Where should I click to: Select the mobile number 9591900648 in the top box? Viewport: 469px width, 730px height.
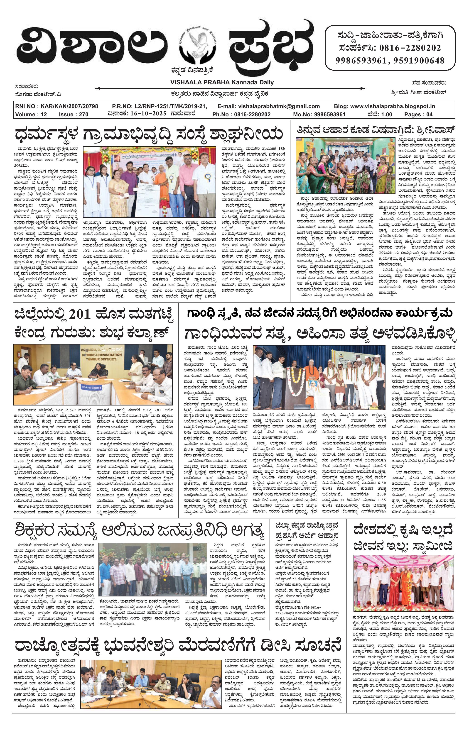(419, 60)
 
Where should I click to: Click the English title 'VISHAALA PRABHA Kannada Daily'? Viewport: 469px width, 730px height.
(222, 82)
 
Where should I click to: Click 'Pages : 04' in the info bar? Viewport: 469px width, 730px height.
(418, 115)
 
